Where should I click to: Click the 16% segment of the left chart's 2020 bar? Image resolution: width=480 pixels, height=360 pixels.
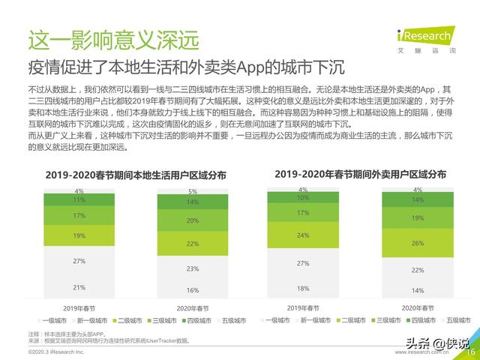(x=193, y=290)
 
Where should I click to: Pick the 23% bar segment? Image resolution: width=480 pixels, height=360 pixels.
(x=193, y=268)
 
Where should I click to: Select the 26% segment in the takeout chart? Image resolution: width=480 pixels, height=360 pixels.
(x=418, y=243)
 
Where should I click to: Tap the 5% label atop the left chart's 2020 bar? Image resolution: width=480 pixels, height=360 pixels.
(x=193, y=191)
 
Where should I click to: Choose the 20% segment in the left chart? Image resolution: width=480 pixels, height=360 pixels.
(x=193, y=220)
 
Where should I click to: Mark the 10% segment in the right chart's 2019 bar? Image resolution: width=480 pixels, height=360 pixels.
(x=303, y=198)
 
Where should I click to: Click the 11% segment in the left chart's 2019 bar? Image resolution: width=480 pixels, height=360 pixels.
(x=79, y=200)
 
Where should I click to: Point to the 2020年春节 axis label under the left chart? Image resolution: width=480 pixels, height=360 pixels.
(x=193, y=308)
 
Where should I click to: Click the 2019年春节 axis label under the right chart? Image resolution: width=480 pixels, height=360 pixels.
(x=303, y=307)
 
